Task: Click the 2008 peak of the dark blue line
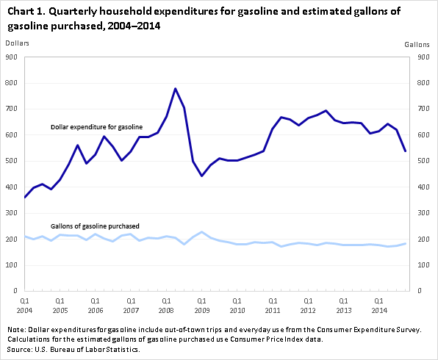pyautogui.click(x=175, y=89)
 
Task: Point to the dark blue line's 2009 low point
pyautogui.click(x=201, y=176)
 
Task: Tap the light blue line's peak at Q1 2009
pyautogui.click(x=201, y=232)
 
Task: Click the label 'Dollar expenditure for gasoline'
pyautogui.click(x=97, y=127)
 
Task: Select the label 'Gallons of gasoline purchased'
pyautogui.click(x=95, y=226)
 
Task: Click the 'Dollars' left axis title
pyautogui.click(x=18, y=43)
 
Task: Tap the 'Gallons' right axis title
pyautogui.click(x=417, y=44)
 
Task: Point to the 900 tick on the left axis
pyautogui.click(x=12, y=57)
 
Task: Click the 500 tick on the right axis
pyautogui.click(x=423, y=161)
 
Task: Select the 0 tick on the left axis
pyautogui.click(x=15, y=291)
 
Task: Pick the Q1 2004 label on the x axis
pyautogui.click(x=24, y=306)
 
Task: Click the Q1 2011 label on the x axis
pyautogui.click(x=273, y=306)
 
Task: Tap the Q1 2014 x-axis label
pyautogui.click(x=379, y=306)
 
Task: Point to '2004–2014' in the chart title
pyautogui.click(x=134, y=26)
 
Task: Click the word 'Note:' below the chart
pyautogui.click(x=16, y=330)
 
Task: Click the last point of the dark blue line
pyautogui.click(x=406, y=151)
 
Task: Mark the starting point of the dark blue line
pyautogui.click(x=25, y=197)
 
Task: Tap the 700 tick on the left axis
pyautogui.click(x=12, y=109)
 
